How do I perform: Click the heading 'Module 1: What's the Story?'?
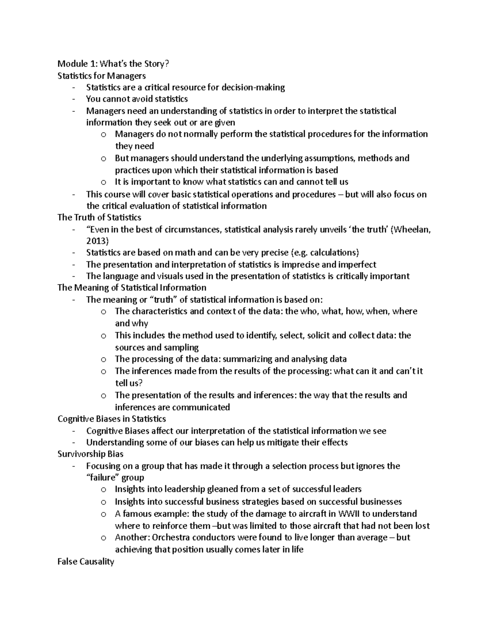(113, 64)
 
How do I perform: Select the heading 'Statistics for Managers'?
(101, 75)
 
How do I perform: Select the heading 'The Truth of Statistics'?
(99, 217)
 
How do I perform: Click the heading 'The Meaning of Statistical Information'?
(132, 288)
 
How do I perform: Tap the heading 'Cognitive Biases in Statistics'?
(112, 419)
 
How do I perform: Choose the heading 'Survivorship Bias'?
(90, 454)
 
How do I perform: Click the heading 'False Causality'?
(86, 562)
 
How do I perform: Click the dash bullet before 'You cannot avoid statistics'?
(73, 99)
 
